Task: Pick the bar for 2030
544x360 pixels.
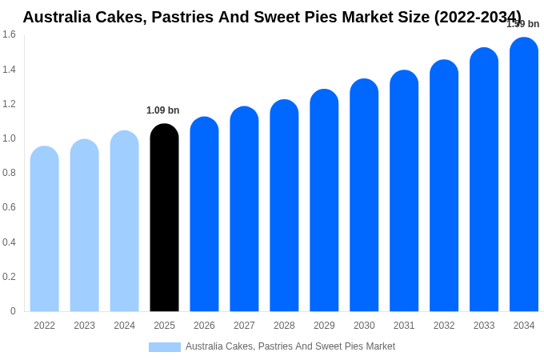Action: [364, 195]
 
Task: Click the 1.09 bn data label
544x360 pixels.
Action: [162, 110]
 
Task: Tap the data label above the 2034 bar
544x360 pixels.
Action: [522, 24]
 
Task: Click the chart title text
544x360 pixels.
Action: [272, 17]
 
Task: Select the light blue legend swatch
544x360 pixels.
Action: [164, 346]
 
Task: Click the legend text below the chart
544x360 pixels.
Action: [290, 346]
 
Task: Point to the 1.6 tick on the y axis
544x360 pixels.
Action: [9, 34]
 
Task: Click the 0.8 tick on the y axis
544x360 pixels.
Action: [9, 173]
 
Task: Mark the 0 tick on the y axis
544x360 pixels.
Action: [13, 311]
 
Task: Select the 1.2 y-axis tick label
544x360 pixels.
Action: [9, 104]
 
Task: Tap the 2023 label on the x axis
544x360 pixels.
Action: [84, 326]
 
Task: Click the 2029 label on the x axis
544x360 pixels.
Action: [324, 326]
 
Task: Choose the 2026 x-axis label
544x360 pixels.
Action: [204, 326]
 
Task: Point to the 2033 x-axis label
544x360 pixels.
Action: [484, 326]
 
